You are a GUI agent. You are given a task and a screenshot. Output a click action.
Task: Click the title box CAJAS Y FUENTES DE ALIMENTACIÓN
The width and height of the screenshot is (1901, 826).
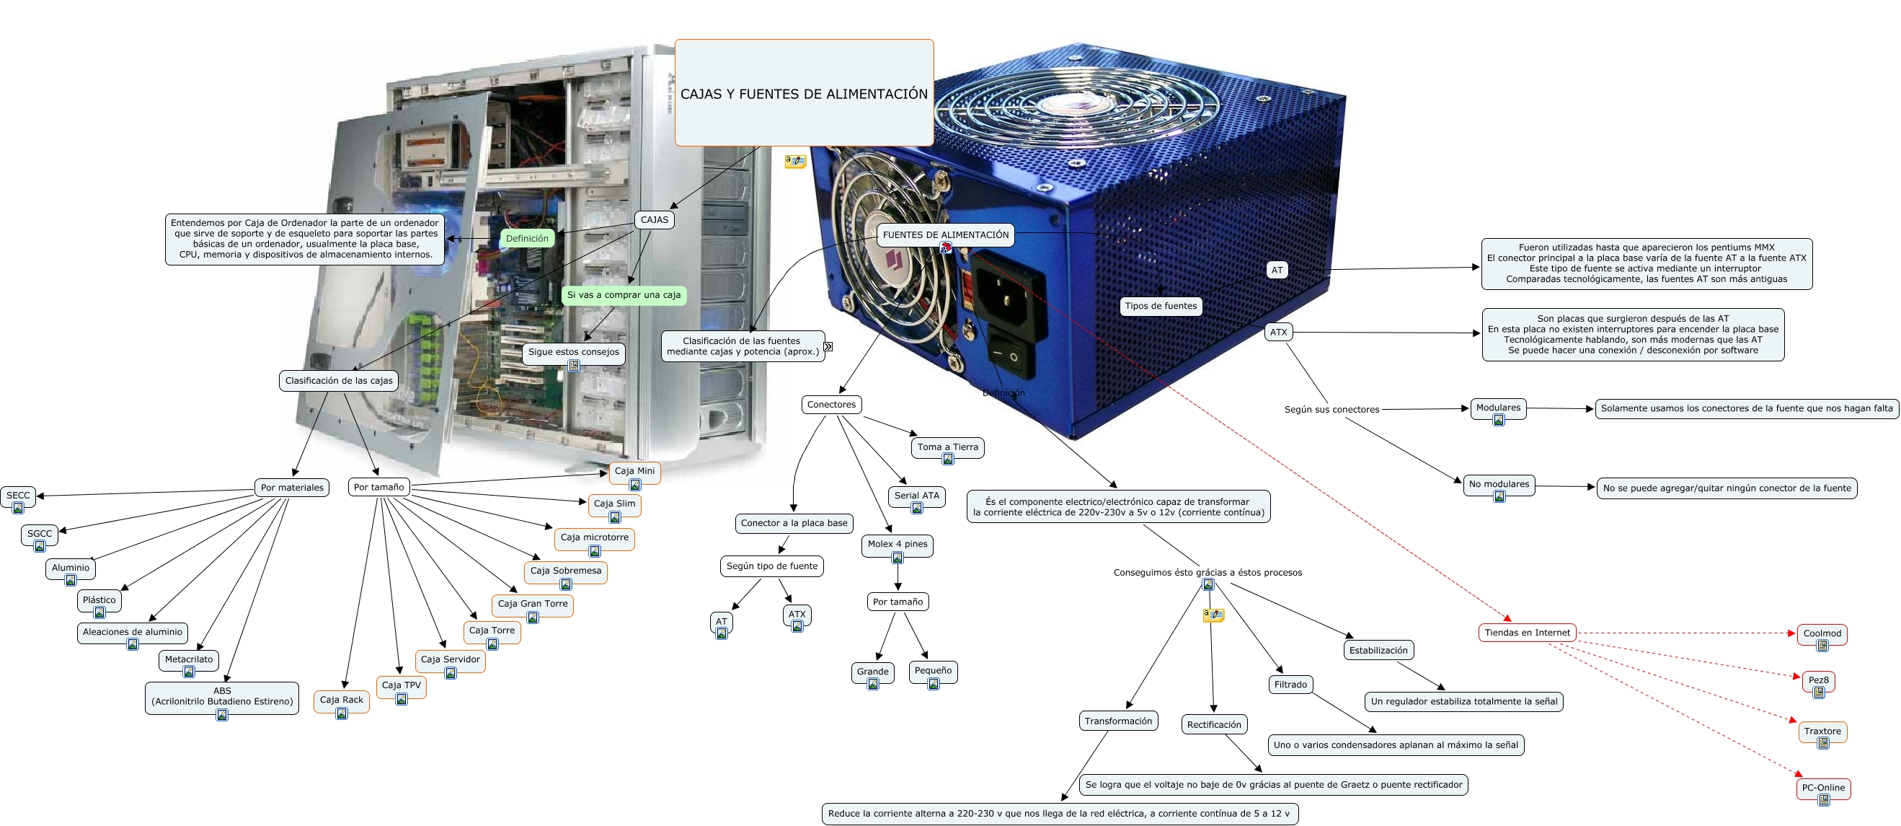[x=804, y=93]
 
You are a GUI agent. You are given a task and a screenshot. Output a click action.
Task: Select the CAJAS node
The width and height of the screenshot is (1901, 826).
[x=654, y=219]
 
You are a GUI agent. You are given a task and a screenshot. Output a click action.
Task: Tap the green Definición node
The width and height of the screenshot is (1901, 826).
[x=527, y=239]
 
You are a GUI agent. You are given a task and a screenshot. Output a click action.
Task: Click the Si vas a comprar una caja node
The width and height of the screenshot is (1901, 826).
[x=624, y=294]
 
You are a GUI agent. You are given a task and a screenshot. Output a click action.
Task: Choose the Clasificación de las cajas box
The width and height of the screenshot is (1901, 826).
[x=339, y=380]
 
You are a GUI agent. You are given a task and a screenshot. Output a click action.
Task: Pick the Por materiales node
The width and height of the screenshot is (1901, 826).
[x=291, y=487]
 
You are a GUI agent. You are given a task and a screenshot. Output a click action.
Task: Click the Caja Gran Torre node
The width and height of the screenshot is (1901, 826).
[x=532, y=604]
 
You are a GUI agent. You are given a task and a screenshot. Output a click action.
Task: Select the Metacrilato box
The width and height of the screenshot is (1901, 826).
[x=188, y=659]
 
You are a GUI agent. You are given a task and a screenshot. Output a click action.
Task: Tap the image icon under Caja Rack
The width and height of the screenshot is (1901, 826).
[x=341, y=713]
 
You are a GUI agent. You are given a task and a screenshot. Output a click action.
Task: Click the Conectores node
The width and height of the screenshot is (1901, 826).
[x=831, y=404]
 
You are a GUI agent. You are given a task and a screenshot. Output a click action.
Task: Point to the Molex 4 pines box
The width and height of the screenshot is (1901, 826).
[x=898, y=544]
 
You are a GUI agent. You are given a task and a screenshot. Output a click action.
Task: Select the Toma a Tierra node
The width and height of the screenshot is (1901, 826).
[x=947, y=447]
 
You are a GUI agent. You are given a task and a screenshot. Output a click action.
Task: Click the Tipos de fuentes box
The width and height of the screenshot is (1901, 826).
[x=1160, y=306]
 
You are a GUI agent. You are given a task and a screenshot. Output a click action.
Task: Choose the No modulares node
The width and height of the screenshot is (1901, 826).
[x=1498, y=484]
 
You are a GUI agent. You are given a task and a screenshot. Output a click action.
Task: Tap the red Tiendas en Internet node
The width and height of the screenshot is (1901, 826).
[x=1527, y=633]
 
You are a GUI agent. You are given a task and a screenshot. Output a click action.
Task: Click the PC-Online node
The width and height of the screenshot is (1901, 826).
[x=1822, y=788]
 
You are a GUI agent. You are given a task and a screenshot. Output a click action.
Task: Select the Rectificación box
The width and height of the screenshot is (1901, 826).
[x=1213, y=724]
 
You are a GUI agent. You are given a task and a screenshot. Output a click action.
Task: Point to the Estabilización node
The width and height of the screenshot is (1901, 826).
[x=1378, y=650]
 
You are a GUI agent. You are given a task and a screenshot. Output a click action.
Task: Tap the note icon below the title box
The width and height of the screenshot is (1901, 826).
[x=795, y=161]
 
